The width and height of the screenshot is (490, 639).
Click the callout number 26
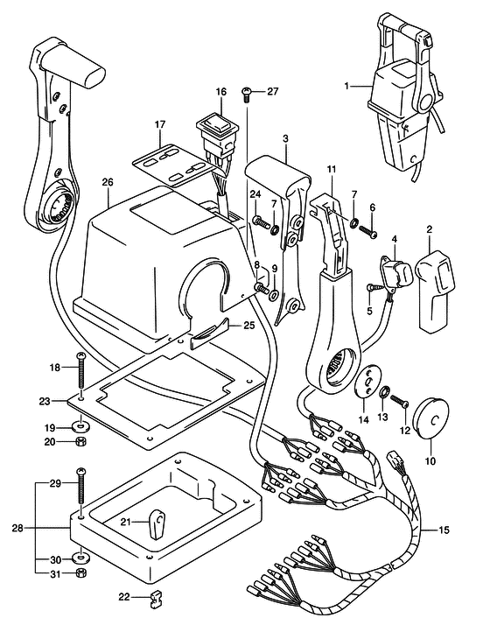click(107, 182)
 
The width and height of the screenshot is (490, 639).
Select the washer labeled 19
click(81, 426)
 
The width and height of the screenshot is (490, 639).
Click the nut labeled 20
click(81, 442)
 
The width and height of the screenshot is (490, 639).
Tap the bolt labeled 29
click(80, 490)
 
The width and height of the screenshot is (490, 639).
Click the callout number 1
click(346, 86)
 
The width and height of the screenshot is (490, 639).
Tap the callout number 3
click(285, 138)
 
